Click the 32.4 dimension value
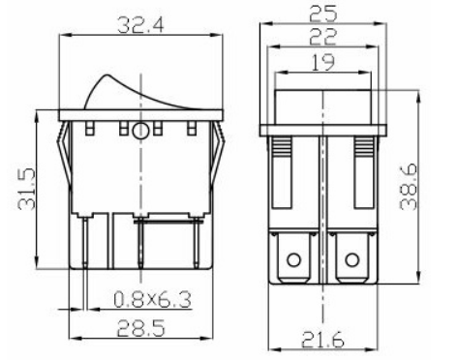point(140,25)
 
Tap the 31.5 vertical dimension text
point(26,189)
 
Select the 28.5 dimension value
point(140,328)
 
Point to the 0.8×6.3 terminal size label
point(152,299)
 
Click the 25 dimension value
point(323,14)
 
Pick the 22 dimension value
point(323,37)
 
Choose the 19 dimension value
point(323,62)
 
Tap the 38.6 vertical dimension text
point(409,187)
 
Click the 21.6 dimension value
point(323,340)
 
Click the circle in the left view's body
point(140,131)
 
